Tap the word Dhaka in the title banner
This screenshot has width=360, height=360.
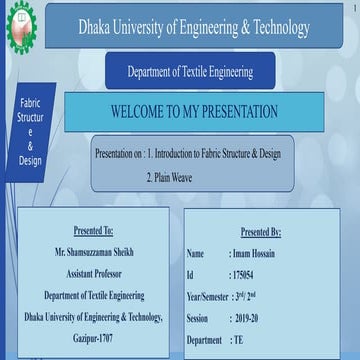(x=99, y=28)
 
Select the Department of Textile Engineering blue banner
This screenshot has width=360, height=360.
(x=189, y=72)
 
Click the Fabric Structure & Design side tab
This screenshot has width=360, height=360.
(x=29, y=131)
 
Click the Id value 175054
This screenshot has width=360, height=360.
(x=245, y=274)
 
